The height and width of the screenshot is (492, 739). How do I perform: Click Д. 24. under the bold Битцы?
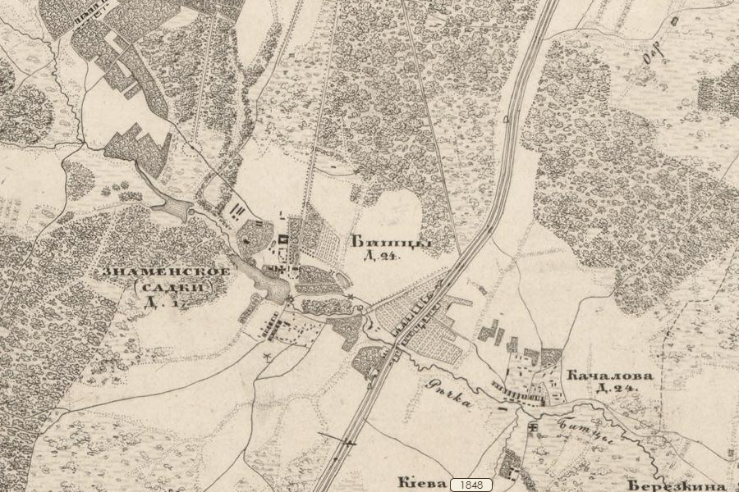375,257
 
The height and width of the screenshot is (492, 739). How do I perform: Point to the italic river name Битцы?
576,430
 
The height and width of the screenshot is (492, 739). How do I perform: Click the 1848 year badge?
472,485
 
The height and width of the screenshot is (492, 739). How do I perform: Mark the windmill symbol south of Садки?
268,357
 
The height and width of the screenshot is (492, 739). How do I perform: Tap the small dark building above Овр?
673,20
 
